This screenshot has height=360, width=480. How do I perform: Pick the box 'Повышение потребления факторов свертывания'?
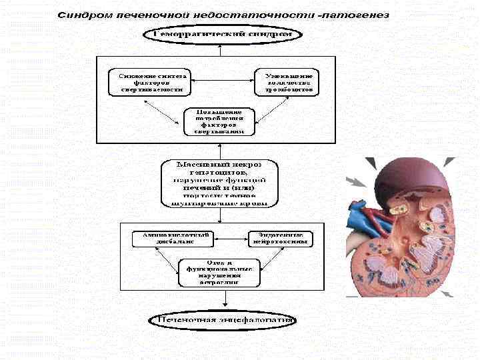tap(219, 121)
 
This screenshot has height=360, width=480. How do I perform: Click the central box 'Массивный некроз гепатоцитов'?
tap(220, 181)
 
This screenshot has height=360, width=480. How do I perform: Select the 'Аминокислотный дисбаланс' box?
tap(172, 239)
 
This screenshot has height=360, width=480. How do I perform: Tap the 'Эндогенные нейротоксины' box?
tap(279, 239)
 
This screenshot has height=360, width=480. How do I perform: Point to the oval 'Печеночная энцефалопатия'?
tap(223, 319)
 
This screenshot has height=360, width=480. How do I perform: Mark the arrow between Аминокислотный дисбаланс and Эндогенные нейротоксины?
tap(230, 239)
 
